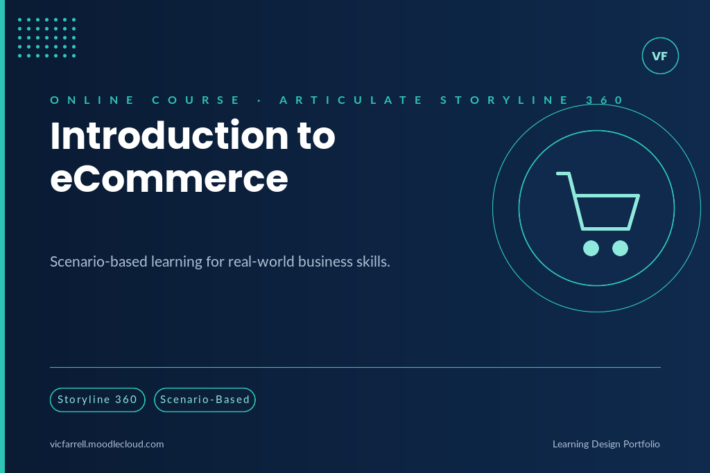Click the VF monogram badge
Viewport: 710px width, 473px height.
click(660, 55)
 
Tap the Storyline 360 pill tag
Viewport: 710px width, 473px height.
click(97, 400)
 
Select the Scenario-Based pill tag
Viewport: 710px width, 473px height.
click(205, 400)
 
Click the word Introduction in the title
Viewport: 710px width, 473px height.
click(169, 136)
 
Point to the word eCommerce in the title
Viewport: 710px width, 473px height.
click(169, 179)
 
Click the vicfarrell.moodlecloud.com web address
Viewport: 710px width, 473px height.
click(107, 444)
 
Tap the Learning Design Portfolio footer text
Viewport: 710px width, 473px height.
click(606, 444)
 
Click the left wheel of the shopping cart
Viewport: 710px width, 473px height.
click(591, 248)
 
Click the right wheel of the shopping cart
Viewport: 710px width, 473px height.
click(621, 248)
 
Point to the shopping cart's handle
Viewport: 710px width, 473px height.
click(563, 173)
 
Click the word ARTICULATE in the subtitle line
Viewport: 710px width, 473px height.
click(352, 100)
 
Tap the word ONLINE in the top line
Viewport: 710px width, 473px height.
click(92, 100)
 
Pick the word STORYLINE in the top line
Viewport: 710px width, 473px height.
click(505, 100)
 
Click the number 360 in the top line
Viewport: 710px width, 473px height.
click(605, 100)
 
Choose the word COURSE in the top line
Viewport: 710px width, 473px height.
click(196, 100)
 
